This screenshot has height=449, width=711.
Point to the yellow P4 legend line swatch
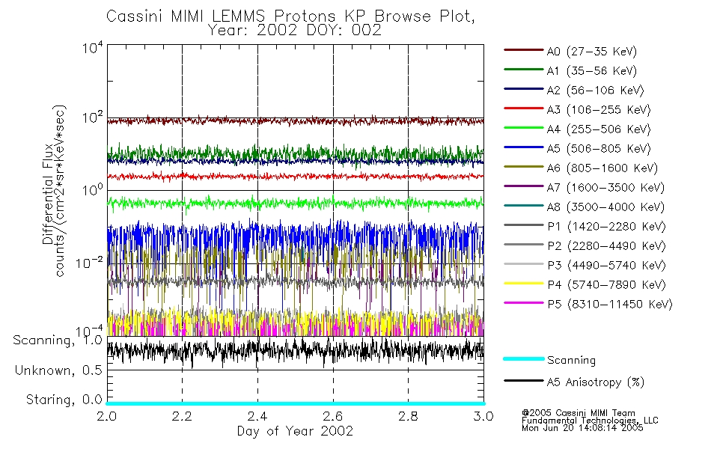(x=522, y=284)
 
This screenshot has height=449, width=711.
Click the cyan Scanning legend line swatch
(x=522, y=359)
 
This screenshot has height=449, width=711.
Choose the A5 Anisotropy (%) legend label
(x=595, y=382)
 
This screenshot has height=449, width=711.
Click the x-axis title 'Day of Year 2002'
(x=294, y=431)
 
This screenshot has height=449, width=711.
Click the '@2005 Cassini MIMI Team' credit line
(x=578, y=412)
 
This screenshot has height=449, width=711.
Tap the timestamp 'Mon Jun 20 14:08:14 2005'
(x=582, y=429)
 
